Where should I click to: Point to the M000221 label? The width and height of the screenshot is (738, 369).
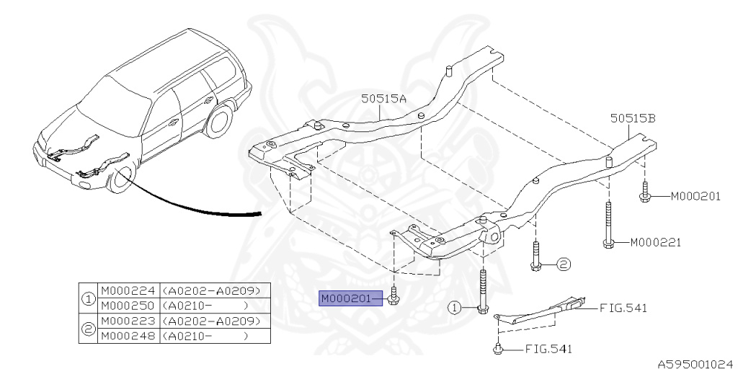656,243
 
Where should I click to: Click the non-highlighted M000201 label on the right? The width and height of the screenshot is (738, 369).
695,196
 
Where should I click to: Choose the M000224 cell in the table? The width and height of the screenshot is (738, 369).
128,291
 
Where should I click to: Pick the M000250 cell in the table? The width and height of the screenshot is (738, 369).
128,306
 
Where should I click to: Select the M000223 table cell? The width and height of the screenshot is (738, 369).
128,321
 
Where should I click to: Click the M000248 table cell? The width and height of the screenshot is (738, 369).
128,336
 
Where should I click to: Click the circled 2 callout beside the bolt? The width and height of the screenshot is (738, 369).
564,264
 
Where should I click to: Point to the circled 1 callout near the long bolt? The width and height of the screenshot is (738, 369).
455,308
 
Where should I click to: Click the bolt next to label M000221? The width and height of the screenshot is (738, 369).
610,227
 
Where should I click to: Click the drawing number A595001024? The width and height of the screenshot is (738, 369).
694,364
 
